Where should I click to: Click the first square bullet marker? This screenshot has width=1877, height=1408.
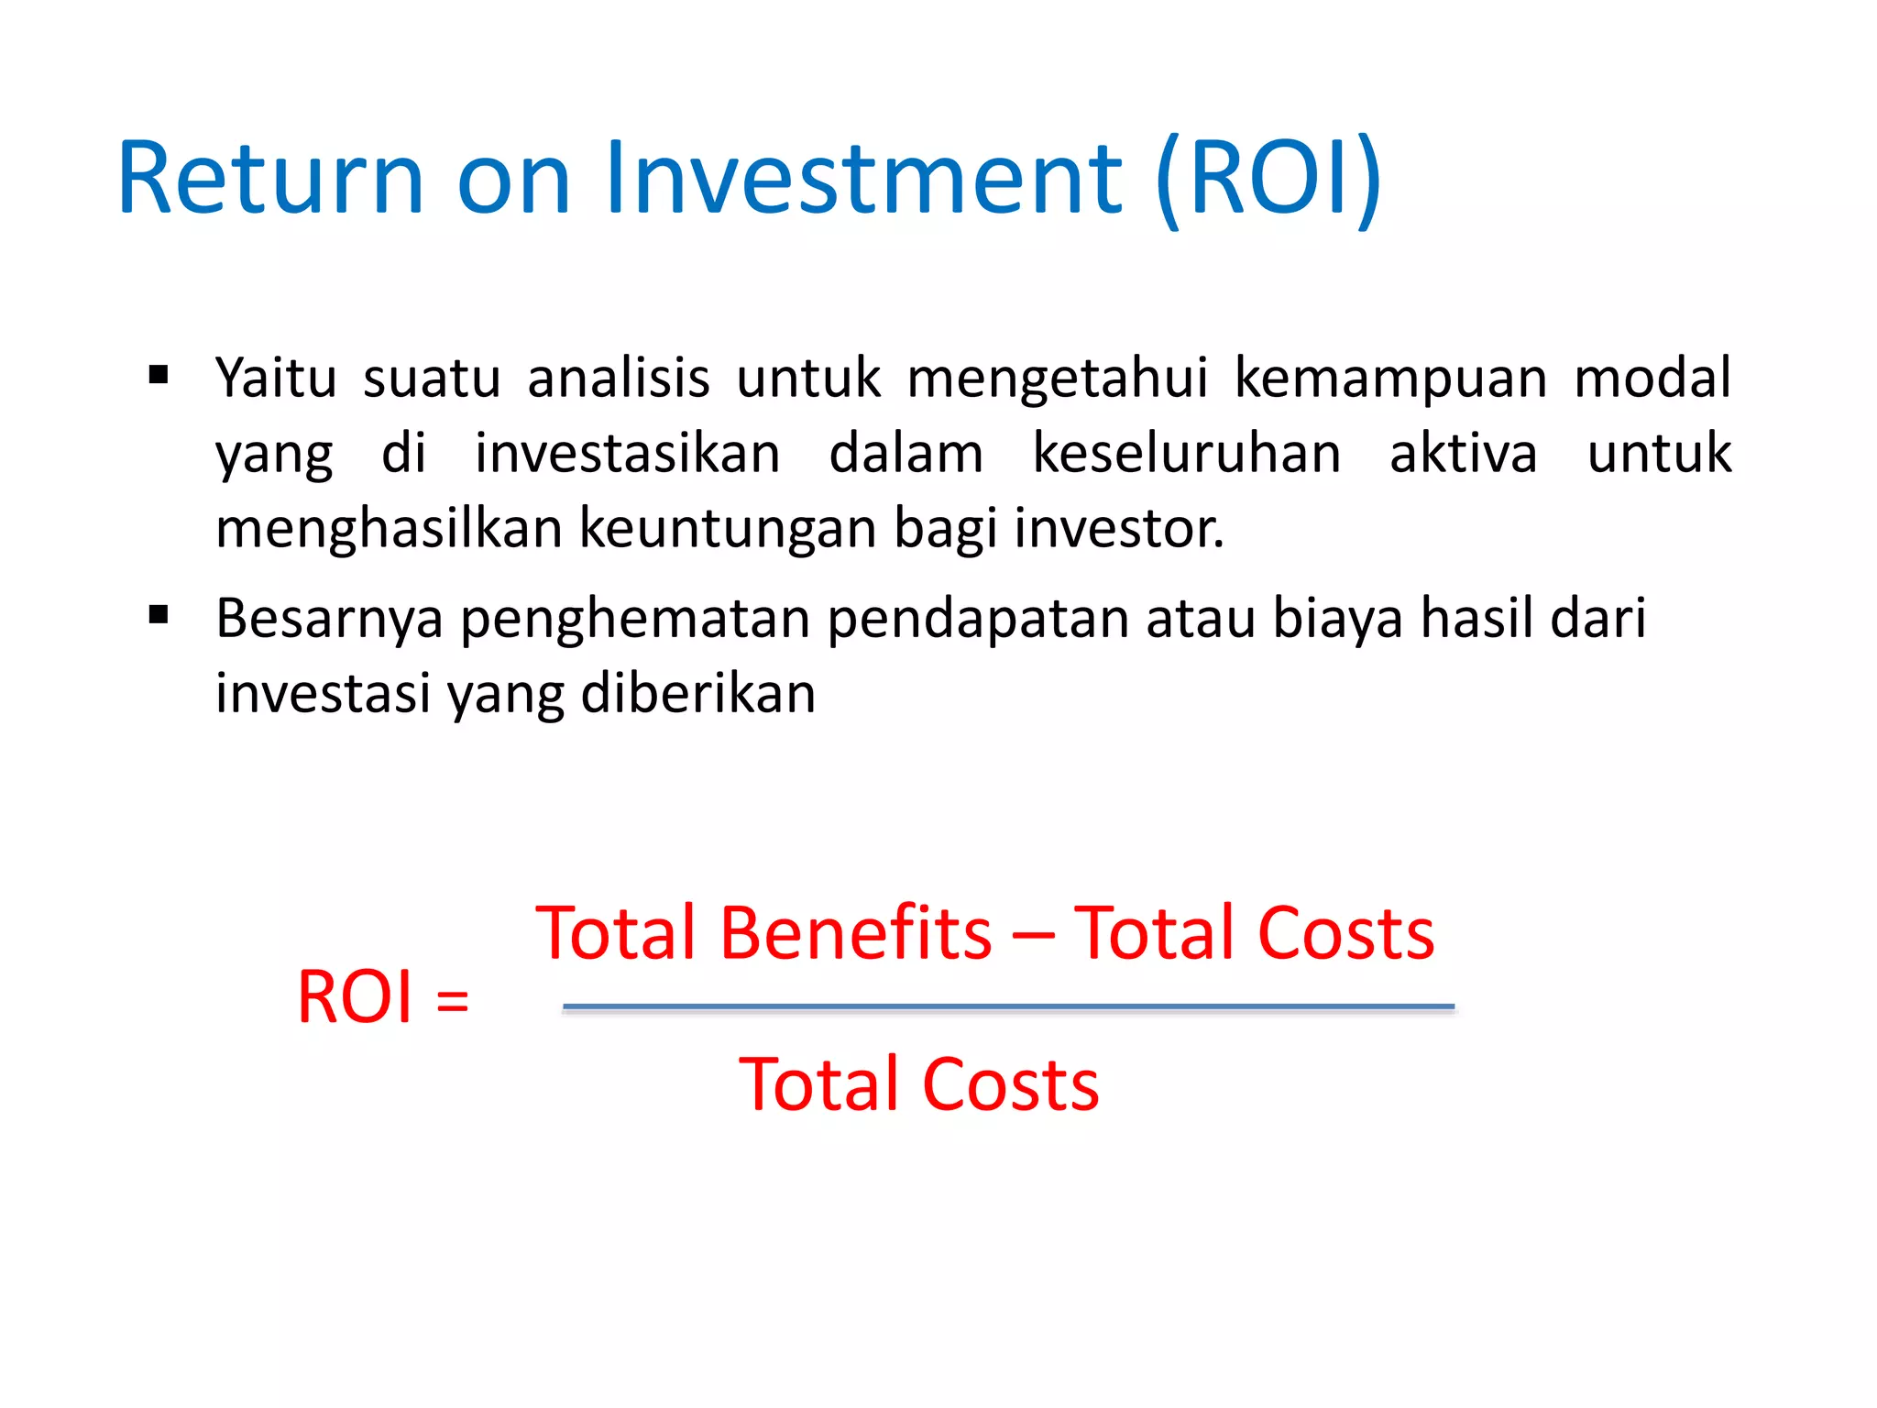point(159,375)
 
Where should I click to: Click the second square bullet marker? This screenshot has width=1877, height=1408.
point(159,615)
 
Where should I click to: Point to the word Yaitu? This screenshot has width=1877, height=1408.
point(276,378)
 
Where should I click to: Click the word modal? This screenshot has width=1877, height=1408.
point(1652,378)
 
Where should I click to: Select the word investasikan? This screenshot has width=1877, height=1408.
point(627,454)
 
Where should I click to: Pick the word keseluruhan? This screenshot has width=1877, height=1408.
point(1187,454)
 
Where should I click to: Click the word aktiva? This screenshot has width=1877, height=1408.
point(1464,454)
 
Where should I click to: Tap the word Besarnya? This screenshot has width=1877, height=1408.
point(329,619)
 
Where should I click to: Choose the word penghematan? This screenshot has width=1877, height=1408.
point(634,619)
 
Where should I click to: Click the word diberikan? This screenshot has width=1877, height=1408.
point(697,693)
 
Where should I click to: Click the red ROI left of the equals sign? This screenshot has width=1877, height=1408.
point(355,997)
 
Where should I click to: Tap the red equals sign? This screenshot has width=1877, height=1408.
point(453,1000)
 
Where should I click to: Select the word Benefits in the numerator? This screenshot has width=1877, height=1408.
point(855,933)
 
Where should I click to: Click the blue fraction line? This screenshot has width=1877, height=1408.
point(1008,1006)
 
